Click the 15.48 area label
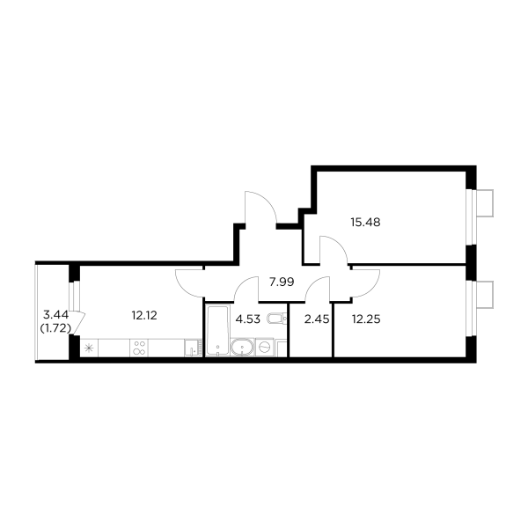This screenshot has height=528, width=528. click(x=364, y=223)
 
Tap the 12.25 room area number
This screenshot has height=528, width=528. click(x=364, y=319)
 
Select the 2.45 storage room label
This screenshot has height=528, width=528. click(x=316, y=319)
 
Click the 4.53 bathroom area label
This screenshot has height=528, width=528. click(x=249, y=319)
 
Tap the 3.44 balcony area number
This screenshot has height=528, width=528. click(x=55, y=313)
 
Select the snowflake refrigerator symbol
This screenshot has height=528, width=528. click(x=87, y=349)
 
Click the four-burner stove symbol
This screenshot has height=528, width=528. click(x=138, y=348)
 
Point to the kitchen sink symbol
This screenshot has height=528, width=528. click(x=190, y=349)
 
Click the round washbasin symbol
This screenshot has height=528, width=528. click(x=240, y=349)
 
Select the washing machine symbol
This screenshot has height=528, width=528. click(x=262, y=349)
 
